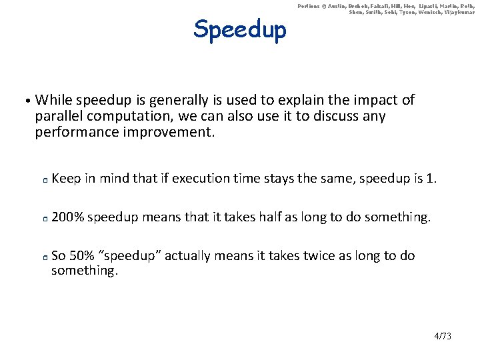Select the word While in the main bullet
click(x=54, y=101)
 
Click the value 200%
click(x=67, y=217)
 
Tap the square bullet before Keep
click(x=42, y=180)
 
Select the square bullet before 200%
click(x=42, y=219)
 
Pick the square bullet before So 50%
click(x=42, y=257)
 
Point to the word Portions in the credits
click(x=309, y=6)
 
